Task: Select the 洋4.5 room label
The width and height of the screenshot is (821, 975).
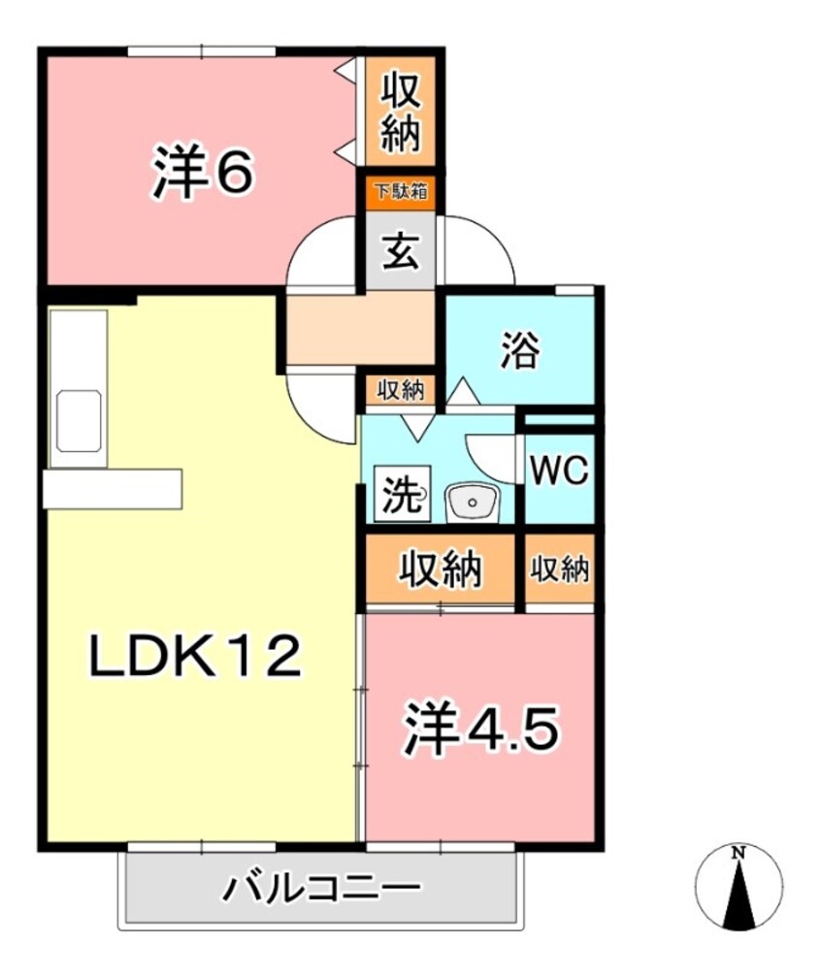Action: point(480,731)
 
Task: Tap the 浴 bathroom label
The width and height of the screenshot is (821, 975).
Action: point(519,351)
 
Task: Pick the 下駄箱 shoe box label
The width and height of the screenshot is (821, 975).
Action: point(400,191)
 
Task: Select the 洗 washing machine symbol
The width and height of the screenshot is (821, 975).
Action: point(400,496)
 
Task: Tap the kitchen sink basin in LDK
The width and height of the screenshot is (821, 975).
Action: point(80,420)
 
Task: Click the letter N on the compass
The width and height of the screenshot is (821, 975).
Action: point(739,853)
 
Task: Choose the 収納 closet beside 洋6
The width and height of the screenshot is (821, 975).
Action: point(400,114)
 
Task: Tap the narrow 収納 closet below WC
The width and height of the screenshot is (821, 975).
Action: point(560,569)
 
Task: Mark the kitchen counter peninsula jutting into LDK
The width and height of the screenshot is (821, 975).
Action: point(112,488)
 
